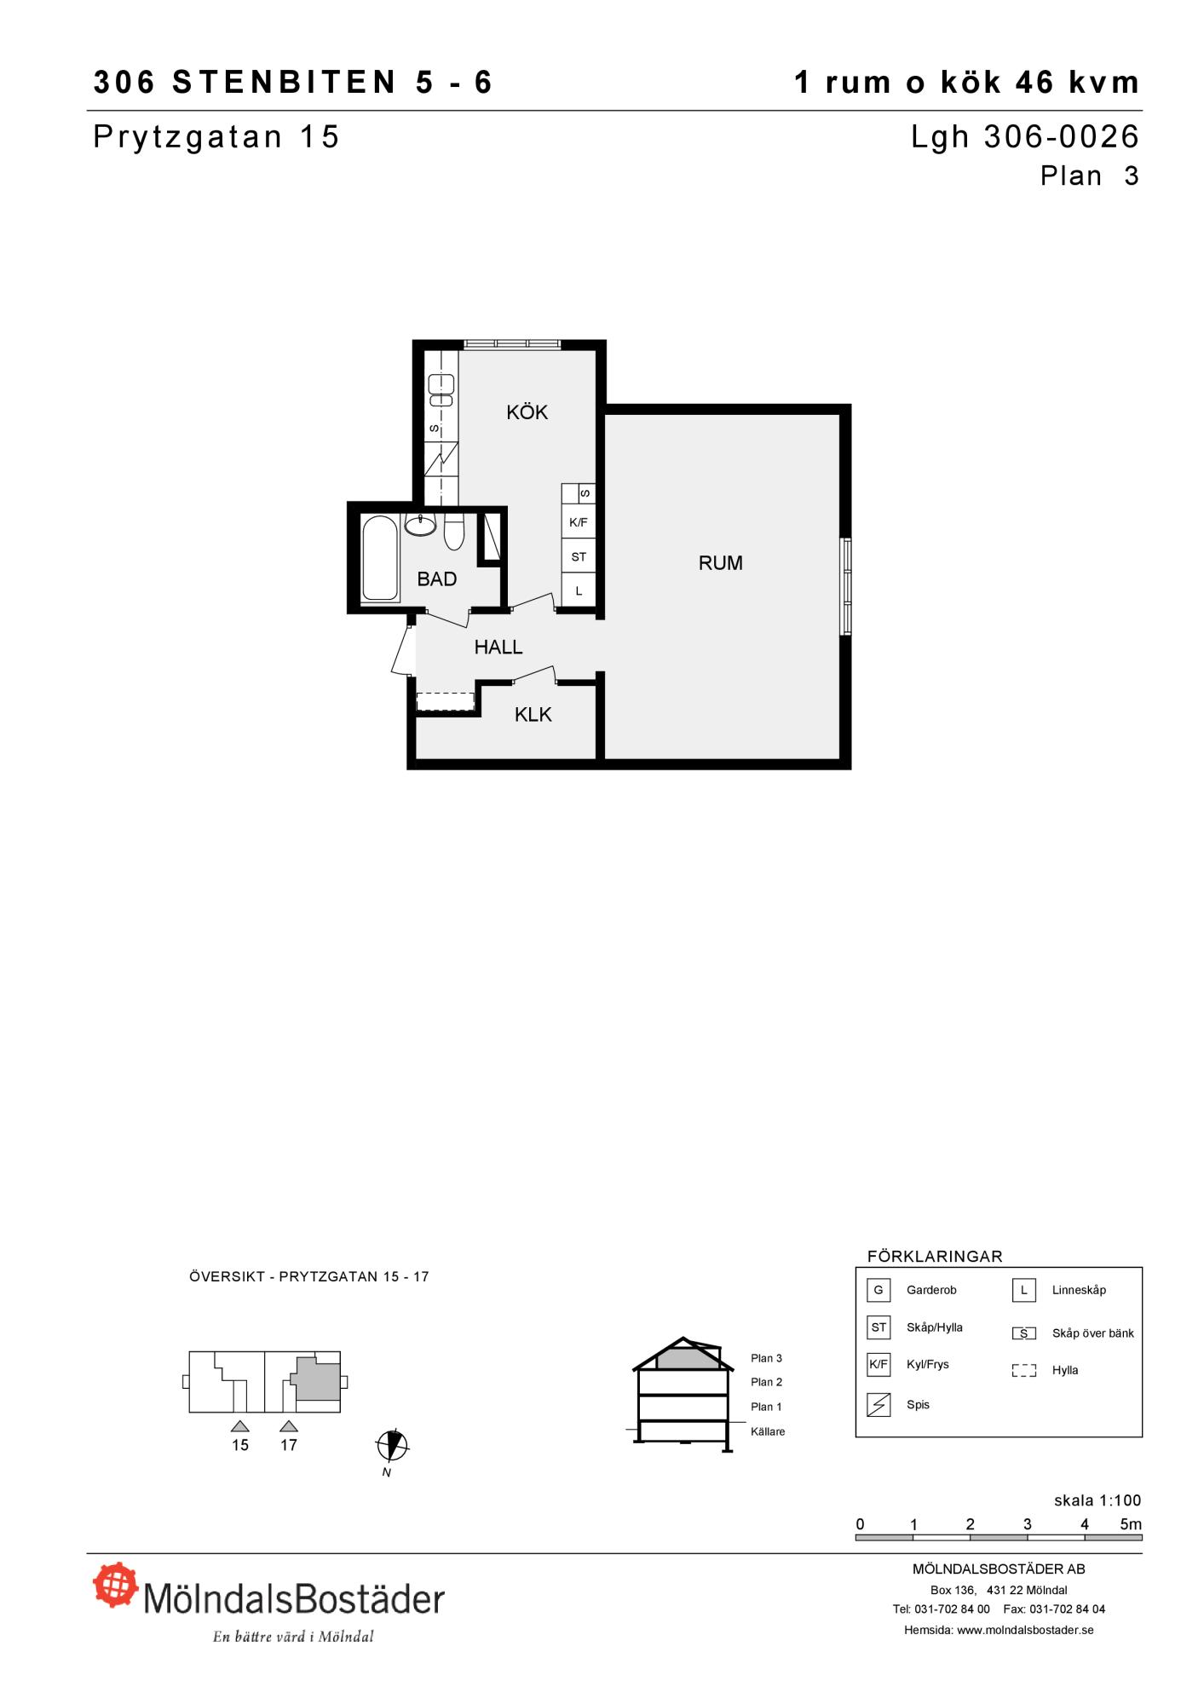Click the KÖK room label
click(x=527, y=412)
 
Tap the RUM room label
click(x=720, y=562)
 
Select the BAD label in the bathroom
click(x=437, y=579)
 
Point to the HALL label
click(x=498, y=648)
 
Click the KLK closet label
click(x=533, y=715)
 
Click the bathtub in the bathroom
click(x=380, y=559)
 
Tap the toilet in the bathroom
click(x=454, y=532)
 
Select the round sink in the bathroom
click(x=420, y=525)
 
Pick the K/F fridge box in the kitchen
click(x=579, y=522)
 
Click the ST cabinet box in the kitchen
click(x=579, y=557)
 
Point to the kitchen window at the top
click(x=512, y=344)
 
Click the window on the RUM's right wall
click(x=846, y=586)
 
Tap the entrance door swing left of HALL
click(x=402, y=650)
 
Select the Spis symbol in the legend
click(x=879, y=1404)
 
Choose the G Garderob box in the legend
click(x=879, y=1290)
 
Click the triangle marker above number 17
click(x=289, y=1425)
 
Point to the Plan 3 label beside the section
click(x=766, y=1358)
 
